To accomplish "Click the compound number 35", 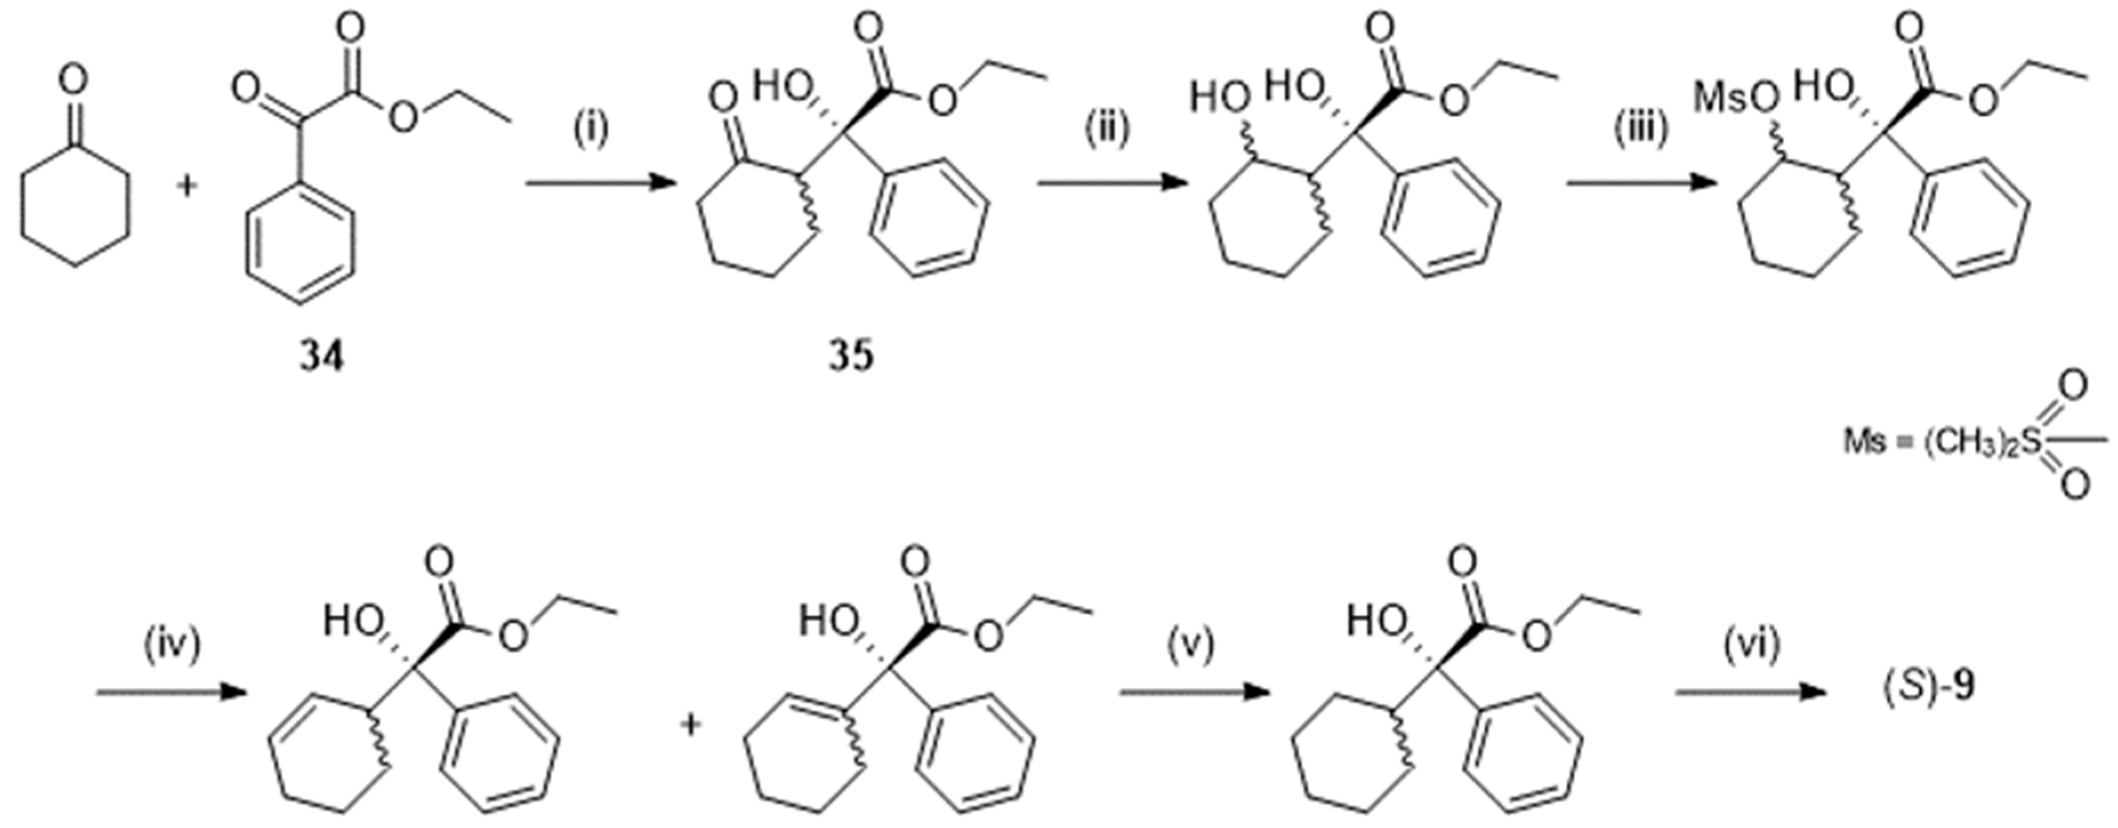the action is coord(851,357).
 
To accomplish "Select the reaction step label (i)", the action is coord(590,129).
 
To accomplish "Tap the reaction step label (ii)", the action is coord(1107,129).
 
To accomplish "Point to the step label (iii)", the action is coord(1640,129).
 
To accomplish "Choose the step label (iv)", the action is coord(172,645).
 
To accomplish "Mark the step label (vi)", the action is coord(1751,645).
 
